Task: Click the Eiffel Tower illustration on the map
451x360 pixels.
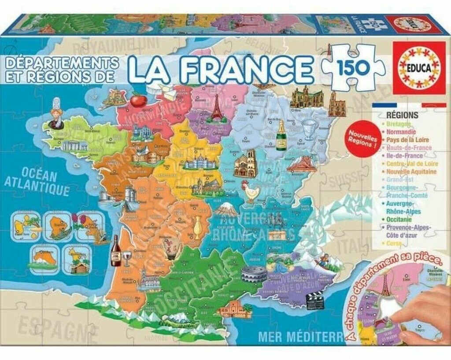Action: click(217, 108)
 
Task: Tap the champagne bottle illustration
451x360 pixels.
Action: click(281, 136)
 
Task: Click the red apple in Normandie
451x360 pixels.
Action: click(138, 100)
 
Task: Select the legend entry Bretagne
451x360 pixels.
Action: click(399, 124)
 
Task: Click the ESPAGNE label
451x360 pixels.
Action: click(48, 326)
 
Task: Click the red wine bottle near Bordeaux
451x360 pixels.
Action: click(116, 251)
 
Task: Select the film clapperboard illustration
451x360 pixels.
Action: click(314, 301)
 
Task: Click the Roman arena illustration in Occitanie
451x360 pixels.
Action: click(254, 274)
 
